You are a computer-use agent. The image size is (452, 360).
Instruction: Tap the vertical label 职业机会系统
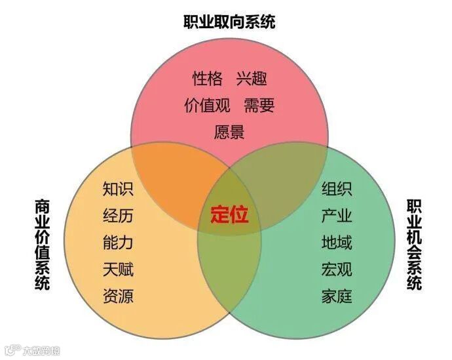pos(414,244)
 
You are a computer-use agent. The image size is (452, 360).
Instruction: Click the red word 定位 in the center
pos(229,215)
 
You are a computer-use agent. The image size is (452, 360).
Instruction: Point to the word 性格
pos(207,79)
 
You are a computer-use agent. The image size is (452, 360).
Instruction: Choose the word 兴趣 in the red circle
pos(252,79)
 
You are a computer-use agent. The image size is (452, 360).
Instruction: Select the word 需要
pos(259,106)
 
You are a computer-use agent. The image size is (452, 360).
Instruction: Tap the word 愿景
pos(229,132)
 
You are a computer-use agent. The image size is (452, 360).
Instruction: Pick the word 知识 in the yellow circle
pos(118,190)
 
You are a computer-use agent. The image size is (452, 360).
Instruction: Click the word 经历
pos(118,216)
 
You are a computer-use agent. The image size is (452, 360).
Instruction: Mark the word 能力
pos(118,243)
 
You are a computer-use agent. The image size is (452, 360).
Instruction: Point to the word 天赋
pos(118,269)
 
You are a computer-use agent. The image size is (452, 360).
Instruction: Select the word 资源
pos(118,296)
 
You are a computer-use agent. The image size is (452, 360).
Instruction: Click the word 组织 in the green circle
pos(337,190)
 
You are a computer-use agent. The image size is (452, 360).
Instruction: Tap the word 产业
pos(337,216)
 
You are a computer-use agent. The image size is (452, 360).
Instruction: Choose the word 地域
pos(337,243)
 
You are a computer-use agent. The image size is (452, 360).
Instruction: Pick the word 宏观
pos(337,269)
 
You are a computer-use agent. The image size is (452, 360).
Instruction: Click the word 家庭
pos(337,296)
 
